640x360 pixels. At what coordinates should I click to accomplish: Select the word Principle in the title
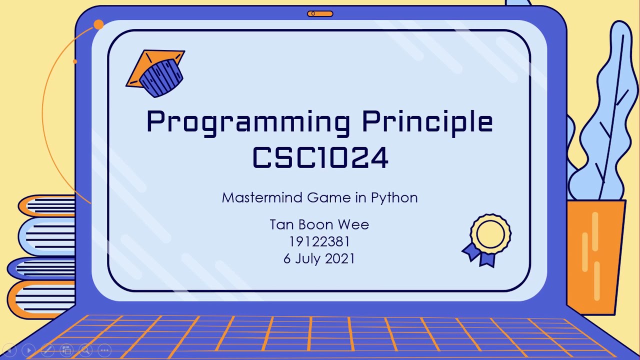(x=427, y=122)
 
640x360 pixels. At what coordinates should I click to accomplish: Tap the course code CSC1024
(x=320, y=157)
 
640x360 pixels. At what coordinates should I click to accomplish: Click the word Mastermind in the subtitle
(x=262, y=197)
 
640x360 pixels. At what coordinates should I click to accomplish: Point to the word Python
(x=394, y=198)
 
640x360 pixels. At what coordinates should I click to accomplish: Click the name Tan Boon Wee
(x=319, y=224)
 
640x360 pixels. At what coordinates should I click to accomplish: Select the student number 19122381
(x=319, y=241)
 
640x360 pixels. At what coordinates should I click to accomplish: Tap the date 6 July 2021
(x=319, y=258)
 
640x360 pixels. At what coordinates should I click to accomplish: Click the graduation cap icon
(x=156, y=72)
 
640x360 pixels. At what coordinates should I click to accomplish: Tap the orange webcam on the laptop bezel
(x=320, y=13)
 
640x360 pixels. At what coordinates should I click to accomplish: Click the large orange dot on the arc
(x=98, y=24)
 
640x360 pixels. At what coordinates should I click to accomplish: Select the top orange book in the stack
(x=47, y=205)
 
